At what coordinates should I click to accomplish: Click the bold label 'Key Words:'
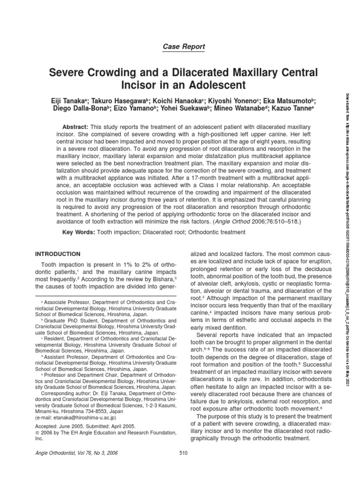tap(78, 233)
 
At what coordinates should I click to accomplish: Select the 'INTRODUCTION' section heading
tap(58, 254)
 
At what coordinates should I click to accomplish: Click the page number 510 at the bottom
tap(183, 452)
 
